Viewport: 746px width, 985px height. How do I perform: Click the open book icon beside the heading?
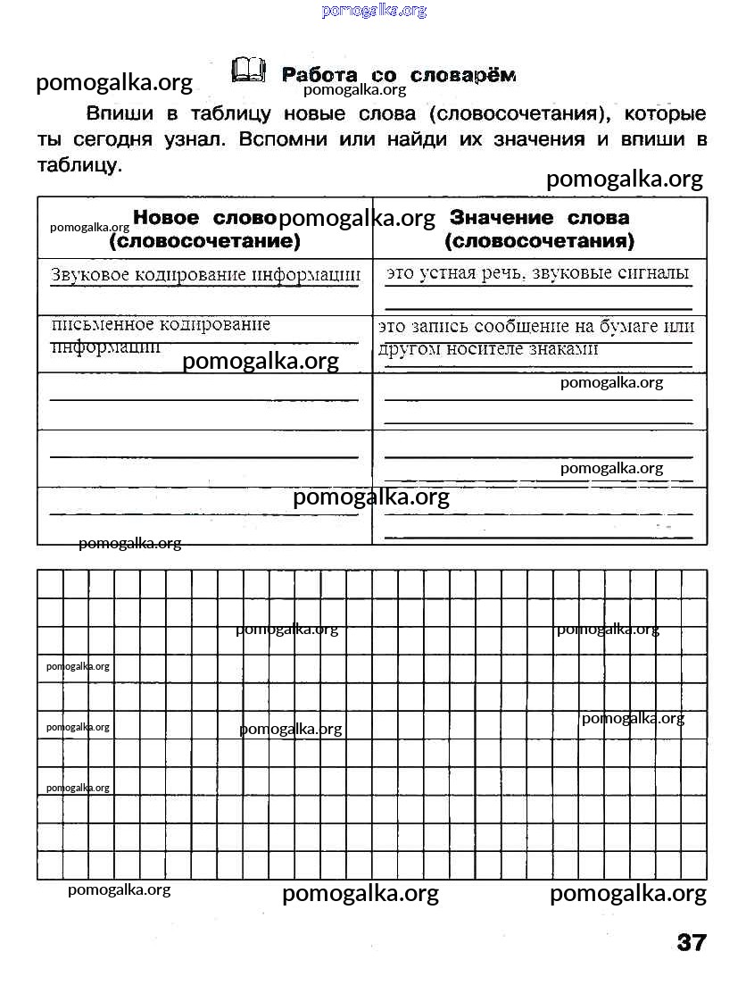248,71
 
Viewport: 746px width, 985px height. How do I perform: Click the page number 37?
692,943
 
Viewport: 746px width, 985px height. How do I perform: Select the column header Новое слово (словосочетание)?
204,230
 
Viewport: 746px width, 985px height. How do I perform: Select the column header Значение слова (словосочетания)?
539,230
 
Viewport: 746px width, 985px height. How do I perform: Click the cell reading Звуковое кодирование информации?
206,275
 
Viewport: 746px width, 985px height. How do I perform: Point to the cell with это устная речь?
538,273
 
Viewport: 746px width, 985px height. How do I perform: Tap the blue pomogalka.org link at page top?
374,11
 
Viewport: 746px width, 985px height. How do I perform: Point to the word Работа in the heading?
319,75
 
